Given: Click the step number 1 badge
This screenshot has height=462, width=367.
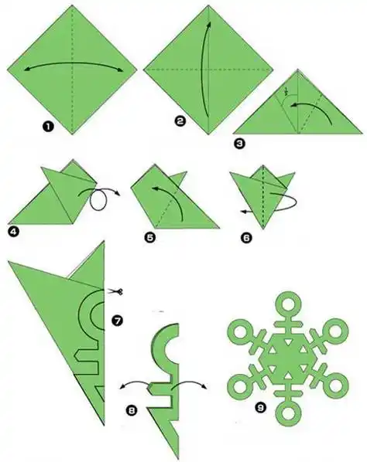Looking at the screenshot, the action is [48, 127].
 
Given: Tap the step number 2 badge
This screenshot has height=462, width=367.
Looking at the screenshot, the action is [180, 121].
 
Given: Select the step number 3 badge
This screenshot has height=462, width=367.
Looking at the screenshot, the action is [239, 144].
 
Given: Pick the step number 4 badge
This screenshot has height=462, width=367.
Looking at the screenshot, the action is [13, 232].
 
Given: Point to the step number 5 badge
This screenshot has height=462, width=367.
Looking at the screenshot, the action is [150, 237].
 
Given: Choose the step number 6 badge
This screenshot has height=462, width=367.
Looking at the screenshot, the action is [246, 238].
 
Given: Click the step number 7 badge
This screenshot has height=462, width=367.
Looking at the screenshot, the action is [117, 321].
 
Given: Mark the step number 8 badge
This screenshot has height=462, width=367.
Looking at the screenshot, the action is [131, 410].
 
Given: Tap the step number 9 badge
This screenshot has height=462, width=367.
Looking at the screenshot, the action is [260, 408].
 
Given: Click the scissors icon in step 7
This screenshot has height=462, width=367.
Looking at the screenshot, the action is [115, 292].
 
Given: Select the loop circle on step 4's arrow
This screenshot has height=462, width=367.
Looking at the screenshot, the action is [98, 200].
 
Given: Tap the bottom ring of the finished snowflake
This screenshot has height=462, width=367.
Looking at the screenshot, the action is [288, 413].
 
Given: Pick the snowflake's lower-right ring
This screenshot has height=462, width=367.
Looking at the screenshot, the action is [335, 386].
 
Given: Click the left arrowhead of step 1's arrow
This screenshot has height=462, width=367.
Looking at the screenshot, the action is [27, 70].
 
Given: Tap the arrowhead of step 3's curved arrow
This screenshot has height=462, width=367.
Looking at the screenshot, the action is [293, 105].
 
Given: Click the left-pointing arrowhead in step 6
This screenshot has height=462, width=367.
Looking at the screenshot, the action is [244, 211].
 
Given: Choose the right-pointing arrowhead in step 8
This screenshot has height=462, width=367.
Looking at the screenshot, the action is [204, 386].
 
